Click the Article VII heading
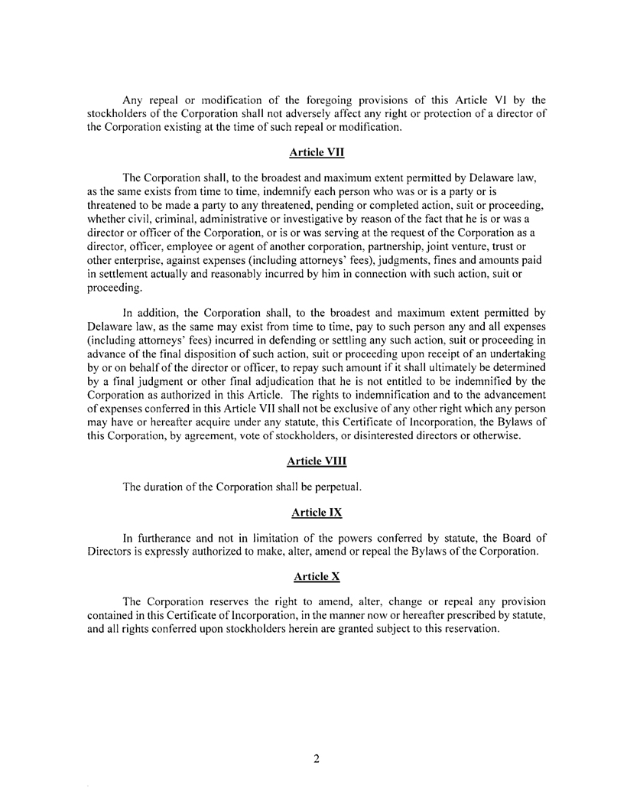point(313,152)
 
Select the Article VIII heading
point(313,461)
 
